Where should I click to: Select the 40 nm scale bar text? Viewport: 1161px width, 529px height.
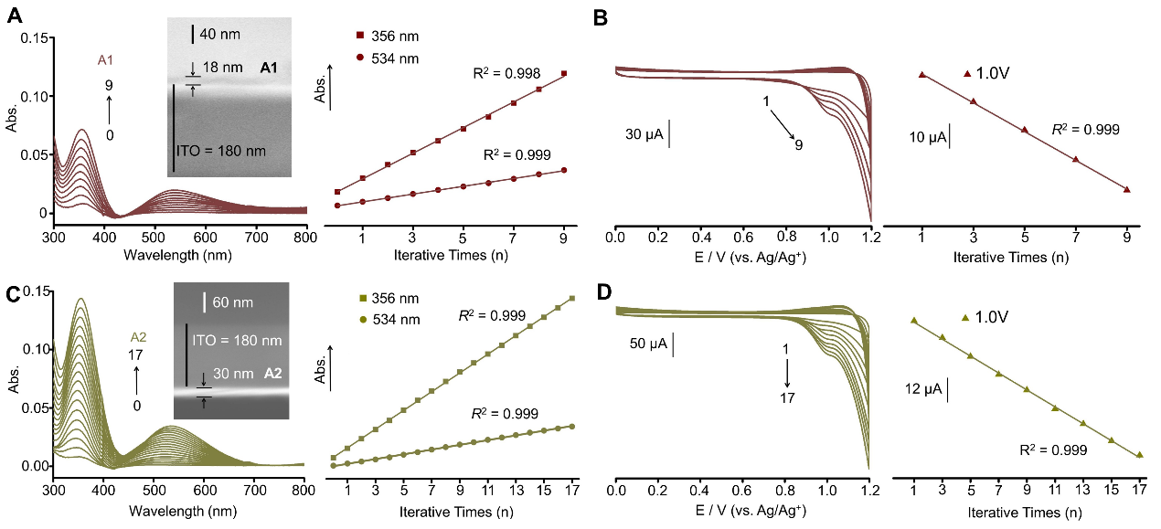click(219, 35)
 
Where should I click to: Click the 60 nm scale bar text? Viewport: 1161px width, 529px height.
click(234, 302)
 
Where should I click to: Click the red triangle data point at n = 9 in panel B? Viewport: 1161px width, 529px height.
click(1126, 189)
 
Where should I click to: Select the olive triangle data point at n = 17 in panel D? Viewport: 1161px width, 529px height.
click(1139, 454)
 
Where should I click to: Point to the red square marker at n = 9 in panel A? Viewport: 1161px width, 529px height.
click(564, 73)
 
